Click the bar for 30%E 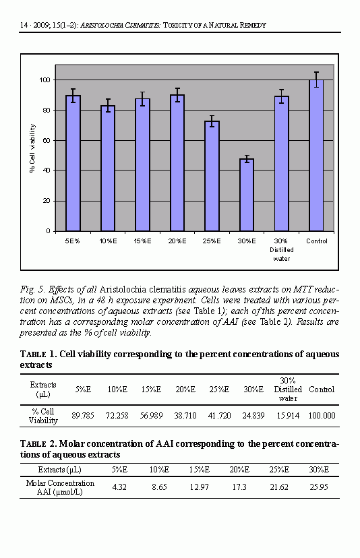(247, 195)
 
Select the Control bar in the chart (316, 156)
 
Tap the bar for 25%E (212, 176)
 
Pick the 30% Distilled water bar (281, 164)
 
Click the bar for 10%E (108, 168)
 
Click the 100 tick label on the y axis (44, 80)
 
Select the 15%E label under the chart (142, 241)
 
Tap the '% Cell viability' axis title (32, 148)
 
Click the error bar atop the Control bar (316, 80)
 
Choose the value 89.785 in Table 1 (83, 415)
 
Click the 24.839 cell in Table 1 (253, 415)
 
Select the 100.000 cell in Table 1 (322, 415)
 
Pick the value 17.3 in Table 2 (239, 487)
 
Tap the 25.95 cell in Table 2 (319, 487)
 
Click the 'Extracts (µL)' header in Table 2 (59, 470)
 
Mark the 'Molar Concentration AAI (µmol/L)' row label (60, 487)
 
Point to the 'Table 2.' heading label (38, 443)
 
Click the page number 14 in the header (24, 25)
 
